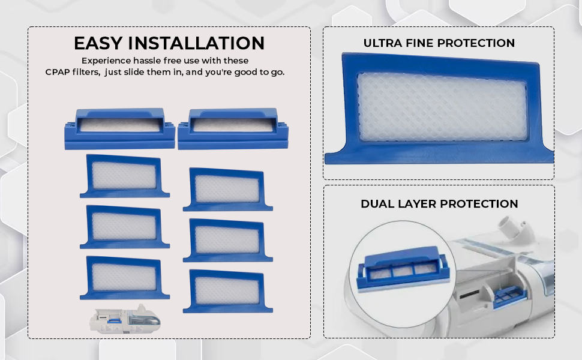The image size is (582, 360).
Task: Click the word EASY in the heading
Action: [x=98, y=43]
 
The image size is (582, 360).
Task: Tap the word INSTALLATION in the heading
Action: [x=196, y=43]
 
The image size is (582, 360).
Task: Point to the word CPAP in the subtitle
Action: [x=58, y=72]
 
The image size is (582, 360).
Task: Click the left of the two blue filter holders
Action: [x=119, y=129]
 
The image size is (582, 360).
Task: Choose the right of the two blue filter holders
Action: [x=233, y=129]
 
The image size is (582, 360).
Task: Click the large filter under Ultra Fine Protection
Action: [x=439, y=109]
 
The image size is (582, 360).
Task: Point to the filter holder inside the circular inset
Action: [x=403, y=269]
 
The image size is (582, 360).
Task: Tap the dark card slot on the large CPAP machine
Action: [x=470, y=295]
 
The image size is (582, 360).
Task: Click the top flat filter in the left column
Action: [x=124, y=176]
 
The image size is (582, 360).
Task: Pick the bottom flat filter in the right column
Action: [x=227, y=292]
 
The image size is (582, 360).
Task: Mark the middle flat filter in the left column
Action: [x=124, y=227]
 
